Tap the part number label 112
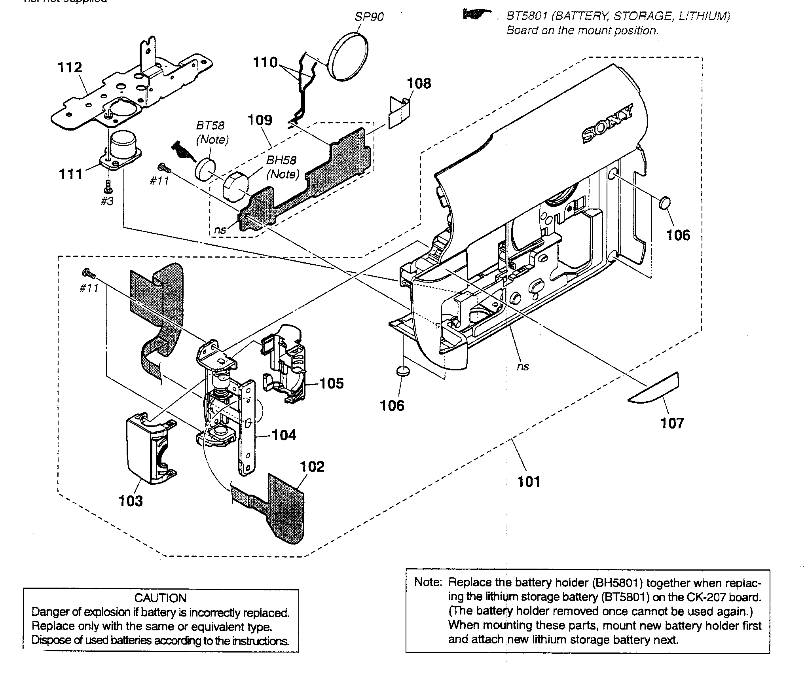click(x=70, y=67)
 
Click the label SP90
click(x=369, y=17)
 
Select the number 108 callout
click(x=419, y=83)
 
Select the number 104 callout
click(x=284, y=435)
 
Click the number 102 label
click(x=312, y=467)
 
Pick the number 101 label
click(x=529, y=482)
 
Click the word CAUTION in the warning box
click(x=160, y=598)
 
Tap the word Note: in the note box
click(x=427, y=582)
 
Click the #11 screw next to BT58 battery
click(x=164, y=168)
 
